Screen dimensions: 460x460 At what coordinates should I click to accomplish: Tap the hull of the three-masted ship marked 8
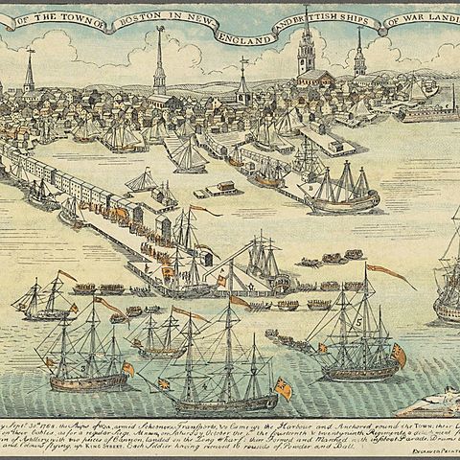click(345, 204)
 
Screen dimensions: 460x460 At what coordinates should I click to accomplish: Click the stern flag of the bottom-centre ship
click(283, 387)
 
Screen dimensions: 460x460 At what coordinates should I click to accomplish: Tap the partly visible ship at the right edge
click(448, 287)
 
